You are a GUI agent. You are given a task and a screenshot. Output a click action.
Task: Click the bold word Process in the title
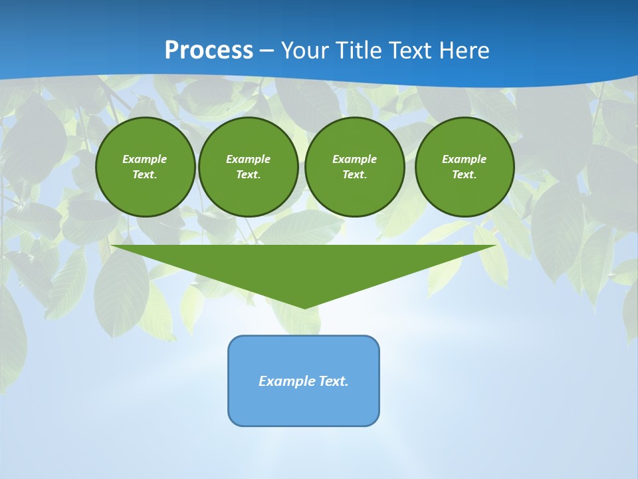[209, 51]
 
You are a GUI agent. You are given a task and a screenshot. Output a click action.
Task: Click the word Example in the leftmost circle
[145, 159]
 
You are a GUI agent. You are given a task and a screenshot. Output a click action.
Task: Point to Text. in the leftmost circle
[145, 175]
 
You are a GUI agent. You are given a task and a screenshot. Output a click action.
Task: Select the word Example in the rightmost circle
[464, 159]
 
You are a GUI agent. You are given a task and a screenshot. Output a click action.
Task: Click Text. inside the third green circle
[354, 175]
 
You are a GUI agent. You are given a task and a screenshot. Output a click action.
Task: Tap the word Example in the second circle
[248, 159]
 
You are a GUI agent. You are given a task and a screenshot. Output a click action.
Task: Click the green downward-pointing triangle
[304, 266]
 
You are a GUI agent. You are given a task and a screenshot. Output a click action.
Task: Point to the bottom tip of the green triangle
[304, 307]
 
